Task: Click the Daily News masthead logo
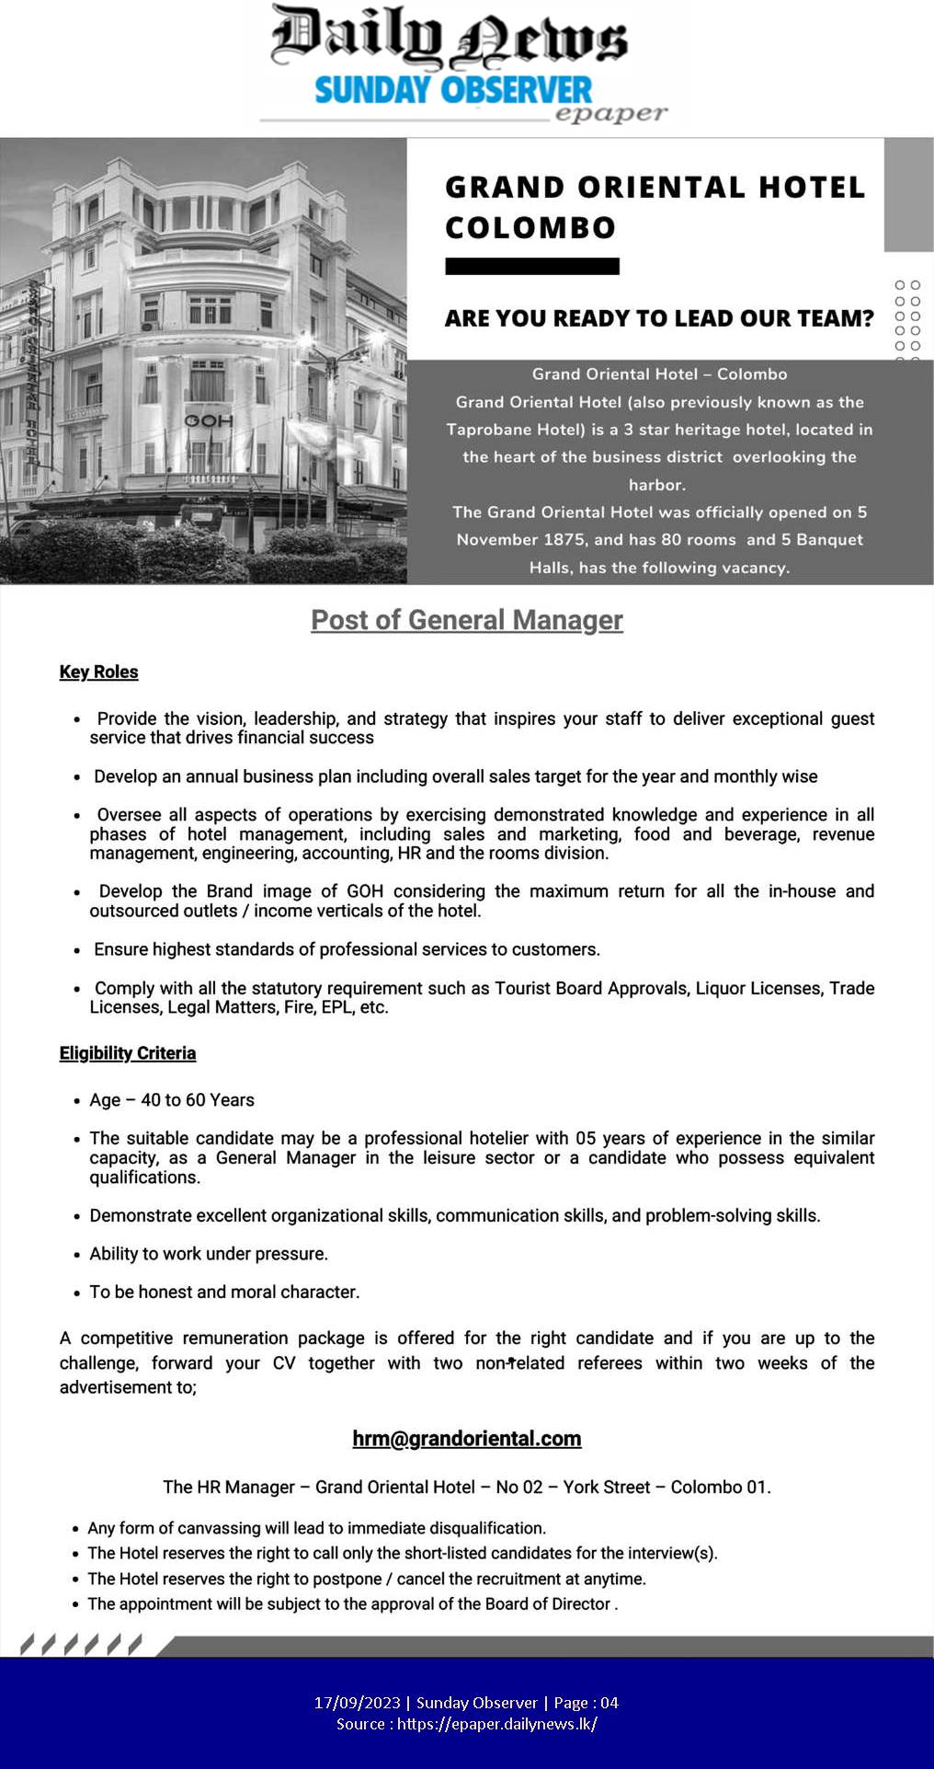tap(449, 39)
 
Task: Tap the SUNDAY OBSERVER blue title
tap(453, 91)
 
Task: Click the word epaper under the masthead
tap(611, 114)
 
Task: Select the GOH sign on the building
tap(209, 420)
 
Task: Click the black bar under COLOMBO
tap(531, 267)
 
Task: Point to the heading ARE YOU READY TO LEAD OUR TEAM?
tap(658, 318)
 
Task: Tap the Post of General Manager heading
tap(467, 620)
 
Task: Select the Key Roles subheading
tap(98, 672)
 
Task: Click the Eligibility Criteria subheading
tap(128, 1052)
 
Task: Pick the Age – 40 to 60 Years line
tap(172, 1100)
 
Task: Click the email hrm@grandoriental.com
tap(467, 1438)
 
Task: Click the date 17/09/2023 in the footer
tap(357, 1703)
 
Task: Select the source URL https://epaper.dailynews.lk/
tap(496, 1724)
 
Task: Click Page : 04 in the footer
tap(586, 1703)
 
